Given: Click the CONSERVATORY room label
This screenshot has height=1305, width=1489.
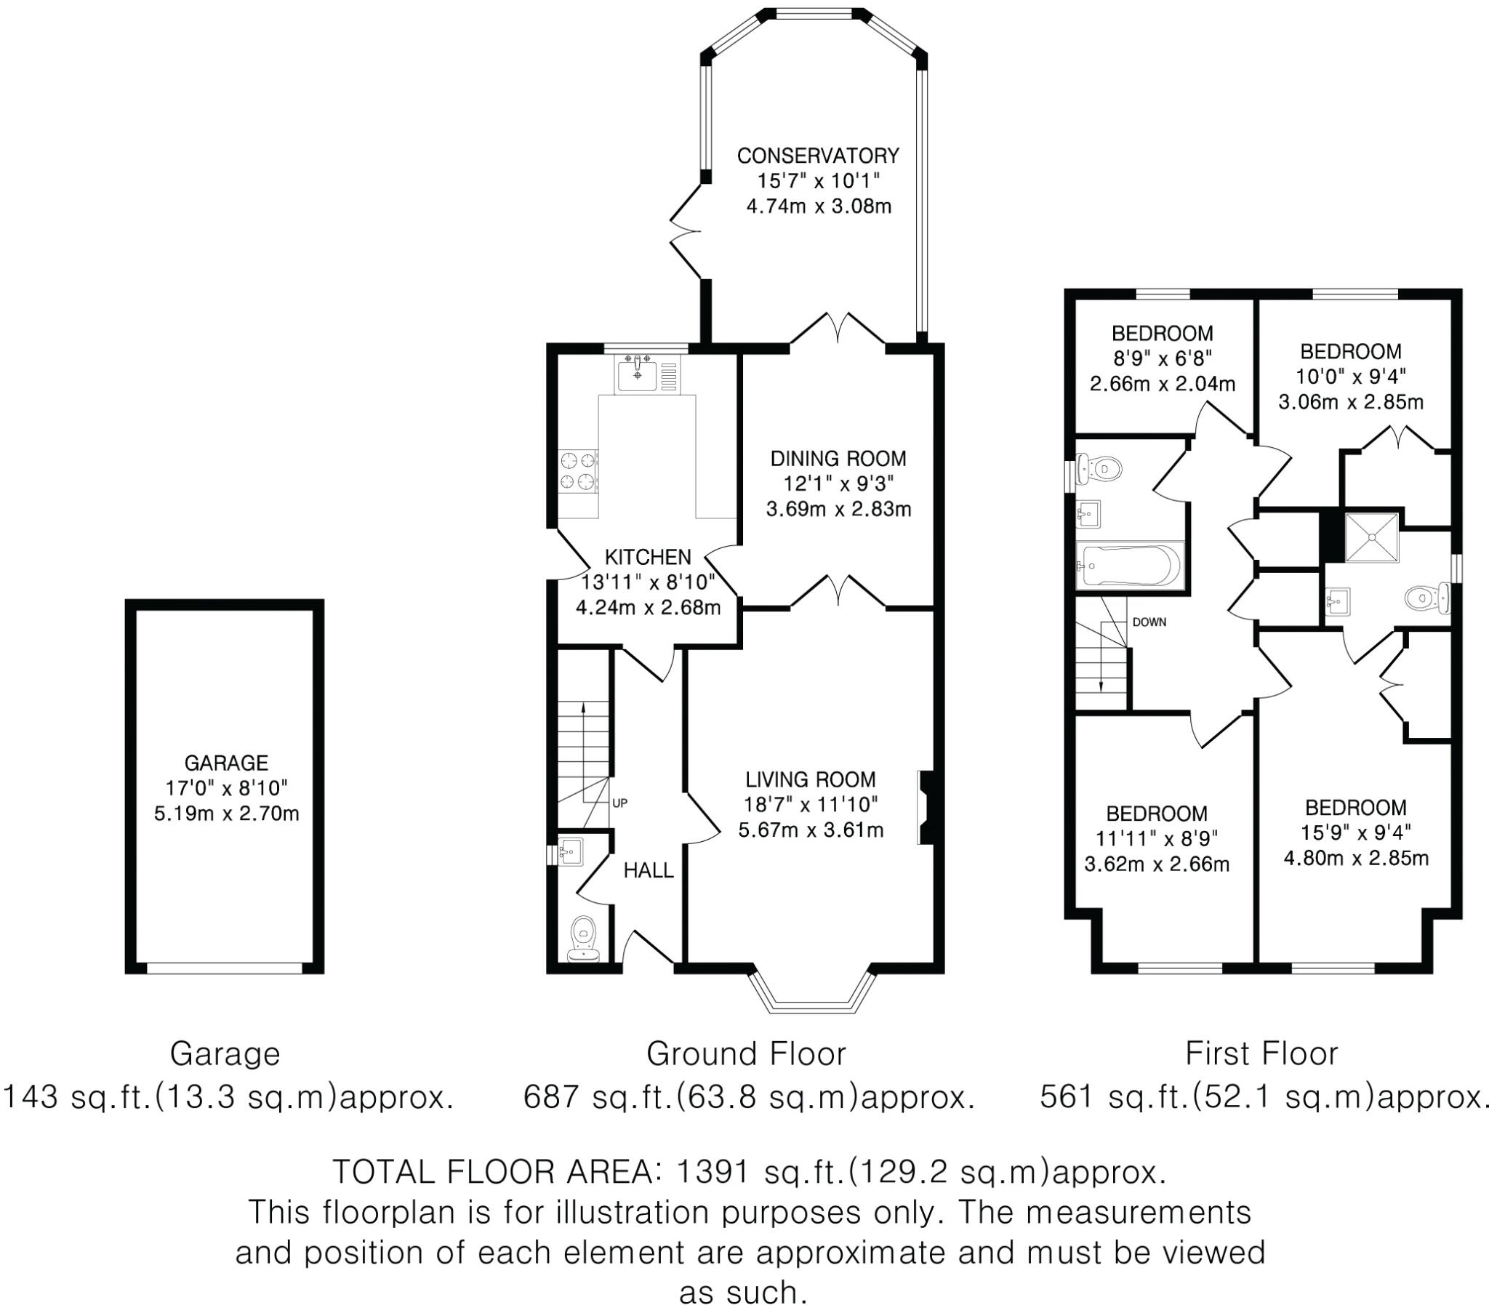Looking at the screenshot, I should [818, 156].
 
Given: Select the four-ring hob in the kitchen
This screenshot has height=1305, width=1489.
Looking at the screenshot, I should [578, 471].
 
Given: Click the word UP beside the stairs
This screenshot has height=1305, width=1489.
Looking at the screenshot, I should [619, 803].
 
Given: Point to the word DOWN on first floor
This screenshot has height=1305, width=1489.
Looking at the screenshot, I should [1149, 622].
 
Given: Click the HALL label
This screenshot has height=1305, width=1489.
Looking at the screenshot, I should [648, 870].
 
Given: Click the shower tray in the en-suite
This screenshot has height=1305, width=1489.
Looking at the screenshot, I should [1371, 537].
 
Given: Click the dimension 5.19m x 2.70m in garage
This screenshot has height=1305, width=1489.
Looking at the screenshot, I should [226, 813].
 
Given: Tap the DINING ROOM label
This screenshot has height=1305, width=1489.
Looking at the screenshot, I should [838, 458].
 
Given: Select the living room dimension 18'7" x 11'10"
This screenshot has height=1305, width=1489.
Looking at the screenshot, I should [810, 804].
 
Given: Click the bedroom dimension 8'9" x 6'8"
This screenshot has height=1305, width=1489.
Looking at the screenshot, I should [1162, 358].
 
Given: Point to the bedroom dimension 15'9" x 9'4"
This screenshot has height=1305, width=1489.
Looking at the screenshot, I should [1355, 832].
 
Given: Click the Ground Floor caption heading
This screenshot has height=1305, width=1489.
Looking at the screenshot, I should [746, 1053].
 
